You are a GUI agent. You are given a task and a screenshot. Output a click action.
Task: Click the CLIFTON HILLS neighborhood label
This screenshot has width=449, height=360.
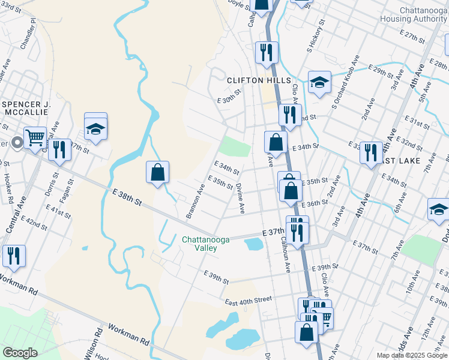(x=259, y=80)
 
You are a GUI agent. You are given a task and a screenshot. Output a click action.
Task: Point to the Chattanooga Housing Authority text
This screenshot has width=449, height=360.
(x=414, y=15)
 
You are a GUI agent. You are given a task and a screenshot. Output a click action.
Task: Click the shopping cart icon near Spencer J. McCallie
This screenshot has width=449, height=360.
(x=35, y=137)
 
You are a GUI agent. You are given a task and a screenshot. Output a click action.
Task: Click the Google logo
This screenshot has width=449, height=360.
(x=20, y=352)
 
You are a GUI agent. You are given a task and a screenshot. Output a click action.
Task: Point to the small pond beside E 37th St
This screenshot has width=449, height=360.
(x=254, y=244)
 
